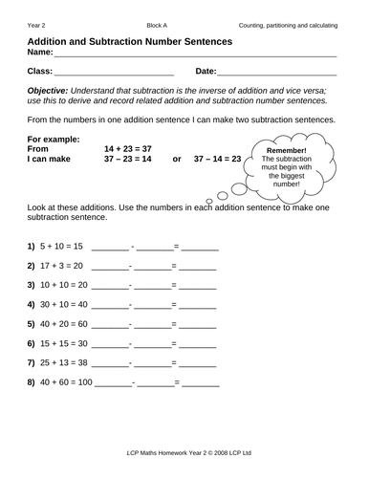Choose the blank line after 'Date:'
click(x=277, y=72)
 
